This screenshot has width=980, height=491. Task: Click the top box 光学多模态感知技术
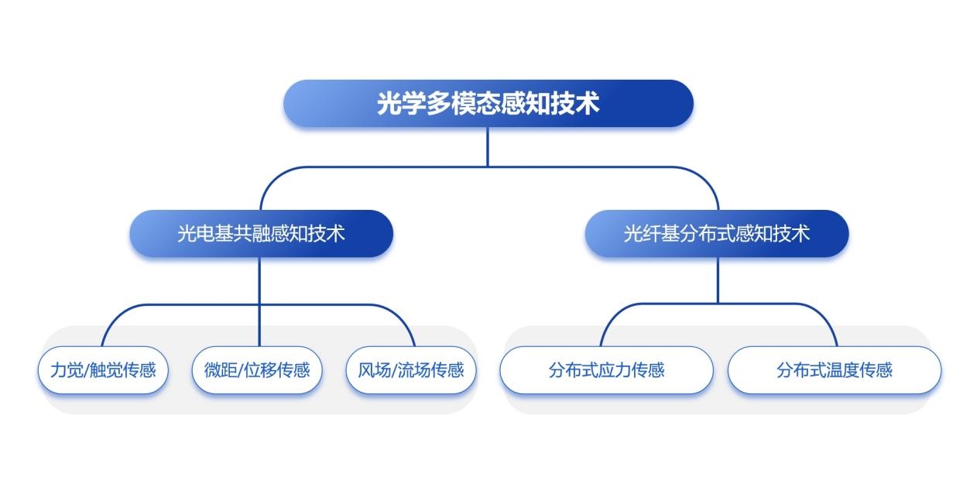click(488, 103)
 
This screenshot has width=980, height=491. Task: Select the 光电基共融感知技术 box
click(261, 233)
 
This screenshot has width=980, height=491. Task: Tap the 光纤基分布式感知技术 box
click(717, 233)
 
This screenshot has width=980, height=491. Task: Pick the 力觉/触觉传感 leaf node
click(103, 369)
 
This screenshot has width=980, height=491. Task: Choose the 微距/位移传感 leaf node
click(257, 369)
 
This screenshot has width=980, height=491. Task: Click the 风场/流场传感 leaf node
click(411, 369)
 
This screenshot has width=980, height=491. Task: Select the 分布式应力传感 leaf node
click(606, 369)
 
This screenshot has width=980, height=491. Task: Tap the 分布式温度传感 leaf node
click(834, 369)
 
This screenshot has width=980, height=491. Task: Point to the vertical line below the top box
click(488, 147)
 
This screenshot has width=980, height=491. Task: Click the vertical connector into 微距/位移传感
click(259, 302)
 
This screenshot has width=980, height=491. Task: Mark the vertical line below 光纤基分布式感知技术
click(718, 280)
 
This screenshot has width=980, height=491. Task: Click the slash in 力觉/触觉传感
click(87, 370)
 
